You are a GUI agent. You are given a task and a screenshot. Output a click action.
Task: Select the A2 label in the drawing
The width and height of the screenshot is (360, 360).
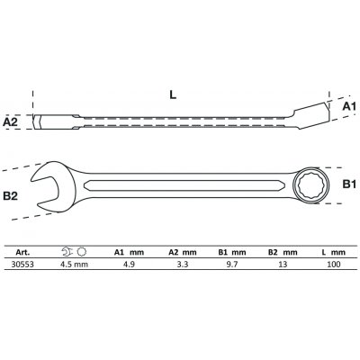coord(12,120)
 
